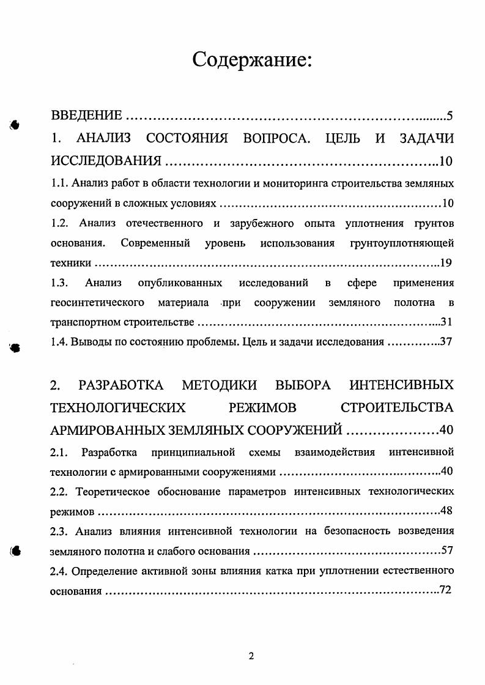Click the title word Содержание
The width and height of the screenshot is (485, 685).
(253, 60)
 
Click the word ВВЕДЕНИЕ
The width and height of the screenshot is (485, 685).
(86, 116)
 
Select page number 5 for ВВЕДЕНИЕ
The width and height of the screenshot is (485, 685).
(450, 116)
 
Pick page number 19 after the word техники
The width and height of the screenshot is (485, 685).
(446, 263)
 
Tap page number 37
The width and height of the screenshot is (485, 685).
(446, 342)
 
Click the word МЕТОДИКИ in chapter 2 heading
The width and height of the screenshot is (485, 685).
(220, 385)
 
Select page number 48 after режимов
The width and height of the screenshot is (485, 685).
(446, 511)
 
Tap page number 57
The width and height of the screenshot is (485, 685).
(446, 550)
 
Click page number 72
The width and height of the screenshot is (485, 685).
(446, 591)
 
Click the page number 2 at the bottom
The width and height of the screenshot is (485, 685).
(251, 656)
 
